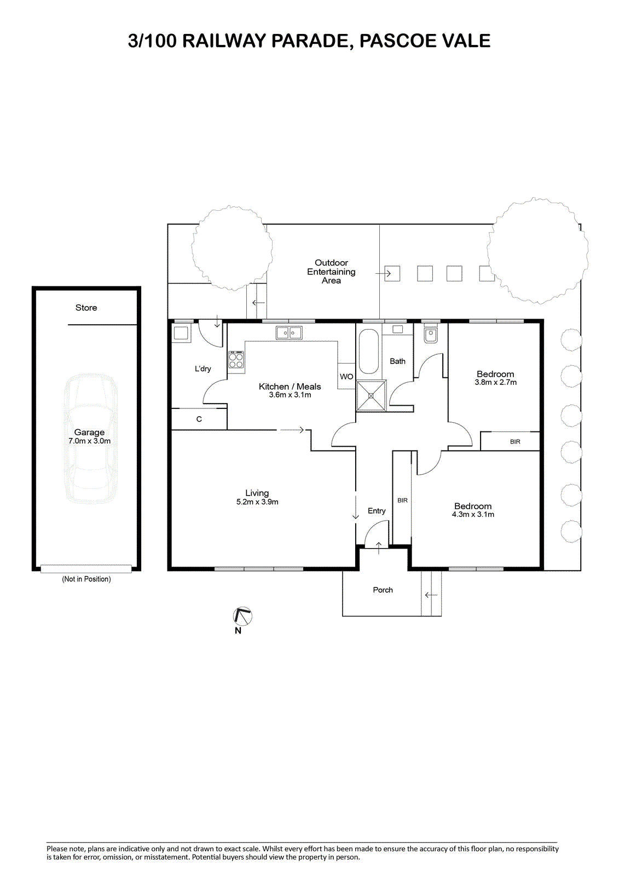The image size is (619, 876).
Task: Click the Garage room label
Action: click(x=89, y=432)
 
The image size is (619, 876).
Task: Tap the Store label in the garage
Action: click(x=86, y=308)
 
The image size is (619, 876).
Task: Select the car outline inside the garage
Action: click(x=90, y=438)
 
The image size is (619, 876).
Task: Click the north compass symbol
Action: click(x=242, y=616)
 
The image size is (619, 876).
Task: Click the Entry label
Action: click(x=377, y=511)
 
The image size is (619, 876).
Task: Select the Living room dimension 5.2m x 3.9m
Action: click(x=257, y=502)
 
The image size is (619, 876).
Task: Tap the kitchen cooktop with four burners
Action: click(x=236, y=360)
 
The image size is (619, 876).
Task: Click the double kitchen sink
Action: click(x=289, y=333)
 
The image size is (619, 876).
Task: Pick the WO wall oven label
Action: click(x=346, y=377)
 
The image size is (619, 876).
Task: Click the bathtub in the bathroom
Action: click(x=369, y=351)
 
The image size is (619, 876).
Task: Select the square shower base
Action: click(x=371, y=395)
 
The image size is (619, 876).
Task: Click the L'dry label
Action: click(x=203, y=368)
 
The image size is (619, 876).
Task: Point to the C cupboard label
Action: click(x=199, y=419)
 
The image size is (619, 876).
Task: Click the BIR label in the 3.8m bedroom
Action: click(x=515, y=441)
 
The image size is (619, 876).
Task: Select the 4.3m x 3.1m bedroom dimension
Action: click(x=473, y=514)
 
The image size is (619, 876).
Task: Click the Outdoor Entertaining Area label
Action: click(x=331, y=272)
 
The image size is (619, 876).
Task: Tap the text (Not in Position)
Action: click(x=86, y=579)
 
